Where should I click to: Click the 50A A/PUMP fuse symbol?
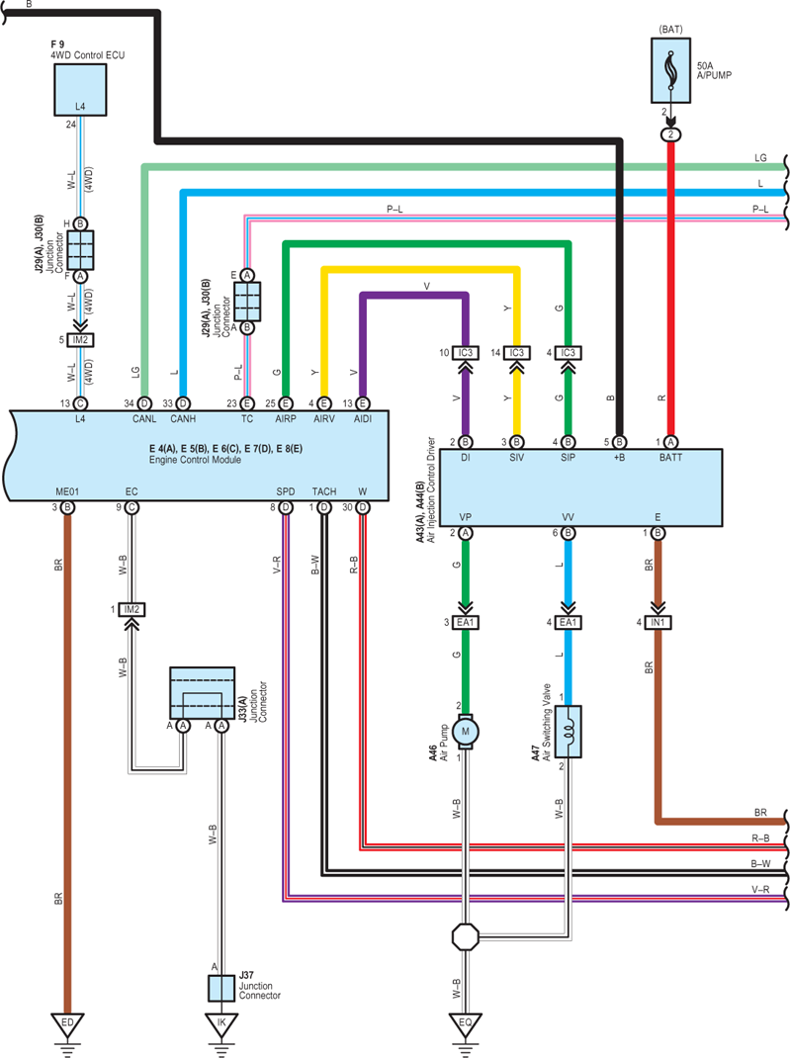click(x=670, y=70)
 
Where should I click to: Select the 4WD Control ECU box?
click(x=80, y=90)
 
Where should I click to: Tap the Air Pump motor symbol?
click(x=465, y=732)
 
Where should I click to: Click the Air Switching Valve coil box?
click(x=569, y=732)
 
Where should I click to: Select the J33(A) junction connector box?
click(x=203, y=693)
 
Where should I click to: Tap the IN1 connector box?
click(x=658, y=622)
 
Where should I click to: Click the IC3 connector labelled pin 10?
click(x=465, y=353)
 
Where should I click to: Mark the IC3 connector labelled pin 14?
click(x=517, y=353)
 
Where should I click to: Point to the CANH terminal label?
click(x=183, y=419)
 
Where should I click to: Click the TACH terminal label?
click(x=324, y=491)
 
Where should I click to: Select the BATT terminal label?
click(x=670, y=458)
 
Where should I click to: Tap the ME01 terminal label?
click(x=67, y=491)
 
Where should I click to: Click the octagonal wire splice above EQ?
click(x=465, y=936)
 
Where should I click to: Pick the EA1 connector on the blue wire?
click(x=569, y=622)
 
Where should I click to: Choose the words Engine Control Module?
click(x=195, y=460)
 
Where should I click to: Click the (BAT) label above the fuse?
click(x=670, y=30)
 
